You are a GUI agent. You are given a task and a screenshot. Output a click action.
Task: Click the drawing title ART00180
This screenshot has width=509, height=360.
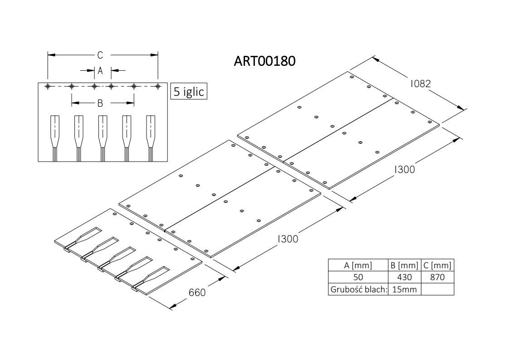click(x=264, y=61)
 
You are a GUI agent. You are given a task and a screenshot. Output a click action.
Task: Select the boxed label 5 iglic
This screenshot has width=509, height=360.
click(x=189, y=91)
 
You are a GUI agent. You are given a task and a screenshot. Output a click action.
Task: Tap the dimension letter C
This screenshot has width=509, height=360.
click(x=100, y=55)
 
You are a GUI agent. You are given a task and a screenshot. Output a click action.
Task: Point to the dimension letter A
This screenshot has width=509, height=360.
click(x=100, y=70)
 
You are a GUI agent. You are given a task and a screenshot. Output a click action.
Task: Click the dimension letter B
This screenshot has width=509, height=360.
click(x=100, y=103)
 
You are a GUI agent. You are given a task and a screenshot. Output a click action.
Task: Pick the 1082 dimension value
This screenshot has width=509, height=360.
click(x=421, y=84)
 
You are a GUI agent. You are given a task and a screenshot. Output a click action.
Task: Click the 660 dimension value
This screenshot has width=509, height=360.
click(x=197, y=292)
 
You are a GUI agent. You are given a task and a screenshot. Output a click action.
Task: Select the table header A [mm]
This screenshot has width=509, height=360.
click(x=358, y=266)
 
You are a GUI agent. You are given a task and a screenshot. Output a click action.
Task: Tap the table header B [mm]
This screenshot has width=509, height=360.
click(x=405, y=266)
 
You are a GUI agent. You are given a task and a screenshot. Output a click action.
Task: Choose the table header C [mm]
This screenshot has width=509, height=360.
click(x=437, y=266)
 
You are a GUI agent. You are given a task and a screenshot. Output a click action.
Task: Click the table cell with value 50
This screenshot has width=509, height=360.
click(x=358, y=277)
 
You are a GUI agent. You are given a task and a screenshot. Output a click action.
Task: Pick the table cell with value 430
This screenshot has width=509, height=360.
click(x=405, y=277)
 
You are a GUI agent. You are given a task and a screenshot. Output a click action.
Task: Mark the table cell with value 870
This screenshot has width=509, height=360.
click(x=437, y=277)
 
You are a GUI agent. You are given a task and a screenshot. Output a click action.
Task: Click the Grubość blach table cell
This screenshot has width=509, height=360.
click(x=359, y=289)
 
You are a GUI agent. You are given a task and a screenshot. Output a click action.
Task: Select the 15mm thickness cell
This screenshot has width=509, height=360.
click(x=405, y=289)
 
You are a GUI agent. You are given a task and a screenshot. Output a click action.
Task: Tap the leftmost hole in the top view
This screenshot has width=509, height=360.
click(x=48, y=86)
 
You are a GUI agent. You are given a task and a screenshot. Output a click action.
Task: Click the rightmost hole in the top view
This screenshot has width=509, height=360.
click(x=158, y=86)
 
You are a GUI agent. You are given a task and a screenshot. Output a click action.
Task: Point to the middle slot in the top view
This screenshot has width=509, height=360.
click(x=103, y=138)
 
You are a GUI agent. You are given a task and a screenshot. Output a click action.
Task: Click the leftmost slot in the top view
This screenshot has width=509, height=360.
click(x=55, y=138)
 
